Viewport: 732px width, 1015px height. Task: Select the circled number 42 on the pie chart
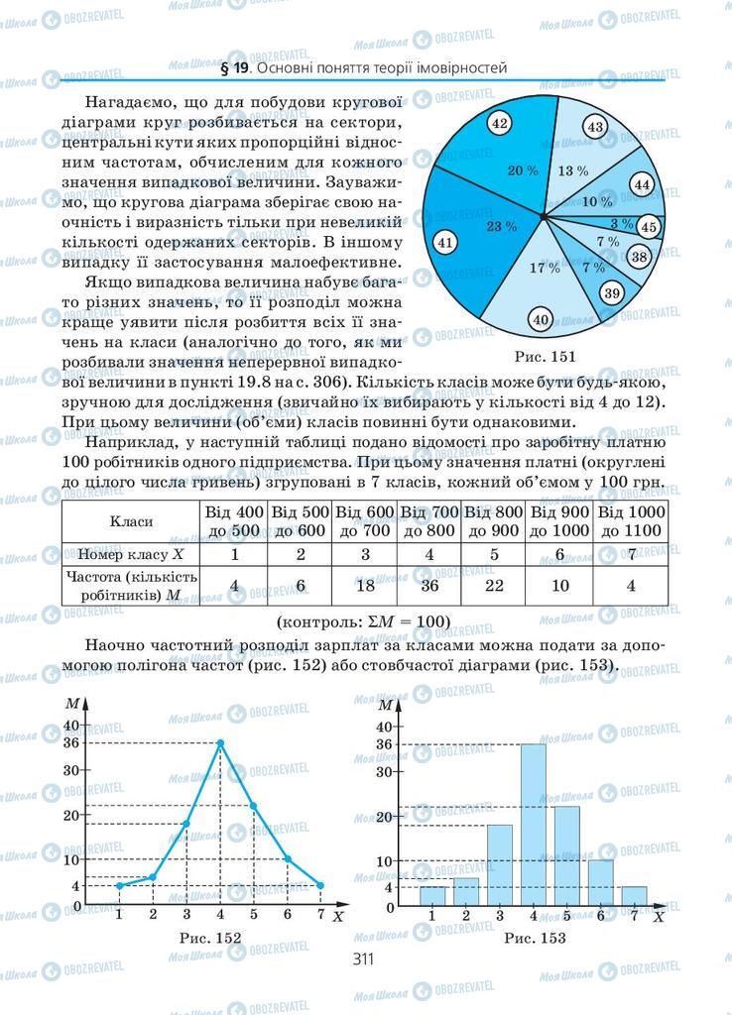coord(500,124)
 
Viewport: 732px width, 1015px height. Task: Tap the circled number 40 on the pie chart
coord(541,319)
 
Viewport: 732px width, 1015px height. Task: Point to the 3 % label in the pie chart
coord(621,223)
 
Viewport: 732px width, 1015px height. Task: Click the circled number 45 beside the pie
coord(649,227)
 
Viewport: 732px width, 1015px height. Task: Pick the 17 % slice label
coord(545,269)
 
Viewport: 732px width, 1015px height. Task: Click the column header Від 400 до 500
coord(234,521)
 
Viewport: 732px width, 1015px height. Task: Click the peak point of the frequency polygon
coord(219,742)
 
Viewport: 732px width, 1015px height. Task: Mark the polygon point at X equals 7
coord(321,885)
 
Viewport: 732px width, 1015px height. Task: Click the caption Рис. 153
coord(534,938)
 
